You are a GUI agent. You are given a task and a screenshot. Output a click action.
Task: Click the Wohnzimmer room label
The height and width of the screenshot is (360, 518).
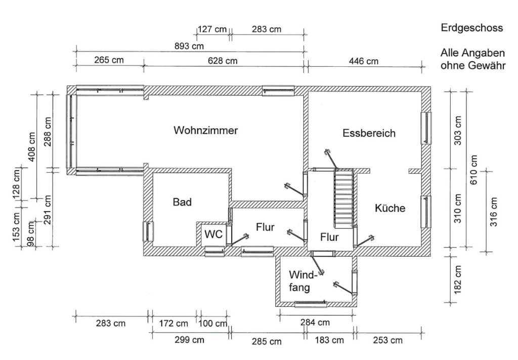(205, 130)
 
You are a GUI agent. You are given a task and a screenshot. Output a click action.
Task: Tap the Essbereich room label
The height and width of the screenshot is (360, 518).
(369, 133)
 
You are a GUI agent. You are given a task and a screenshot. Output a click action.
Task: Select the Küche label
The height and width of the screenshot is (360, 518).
(390, 208)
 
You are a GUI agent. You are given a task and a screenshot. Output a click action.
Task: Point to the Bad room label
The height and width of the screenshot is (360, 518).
(182, 202)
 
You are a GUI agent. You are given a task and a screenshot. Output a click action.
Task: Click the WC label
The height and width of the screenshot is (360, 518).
(213, 234)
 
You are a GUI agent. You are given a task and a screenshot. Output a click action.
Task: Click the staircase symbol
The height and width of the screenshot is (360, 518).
(343, 199)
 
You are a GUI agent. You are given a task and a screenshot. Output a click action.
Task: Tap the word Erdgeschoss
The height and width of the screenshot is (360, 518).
(472, 28)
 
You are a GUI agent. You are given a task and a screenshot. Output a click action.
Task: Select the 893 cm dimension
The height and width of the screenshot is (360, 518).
(189, 46)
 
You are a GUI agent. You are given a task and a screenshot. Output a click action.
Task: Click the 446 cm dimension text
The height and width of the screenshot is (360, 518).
(364, 61)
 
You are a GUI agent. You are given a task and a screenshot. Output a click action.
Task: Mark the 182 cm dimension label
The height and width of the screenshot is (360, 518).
(458, 279)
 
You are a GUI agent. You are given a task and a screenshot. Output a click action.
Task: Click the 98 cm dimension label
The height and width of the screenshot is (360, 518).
(31, 235)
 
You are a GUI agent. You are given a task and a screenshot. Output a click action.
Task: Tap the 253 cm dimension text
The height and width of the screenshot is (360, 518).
(388, 340)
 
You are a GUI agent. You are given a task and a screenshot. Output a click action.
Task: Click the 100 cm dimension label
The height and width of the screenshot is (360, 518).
(213, 323)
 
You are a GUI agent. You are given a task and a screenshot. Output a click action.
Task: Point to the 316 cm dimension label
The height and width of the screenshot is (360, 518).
(493, 211)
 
